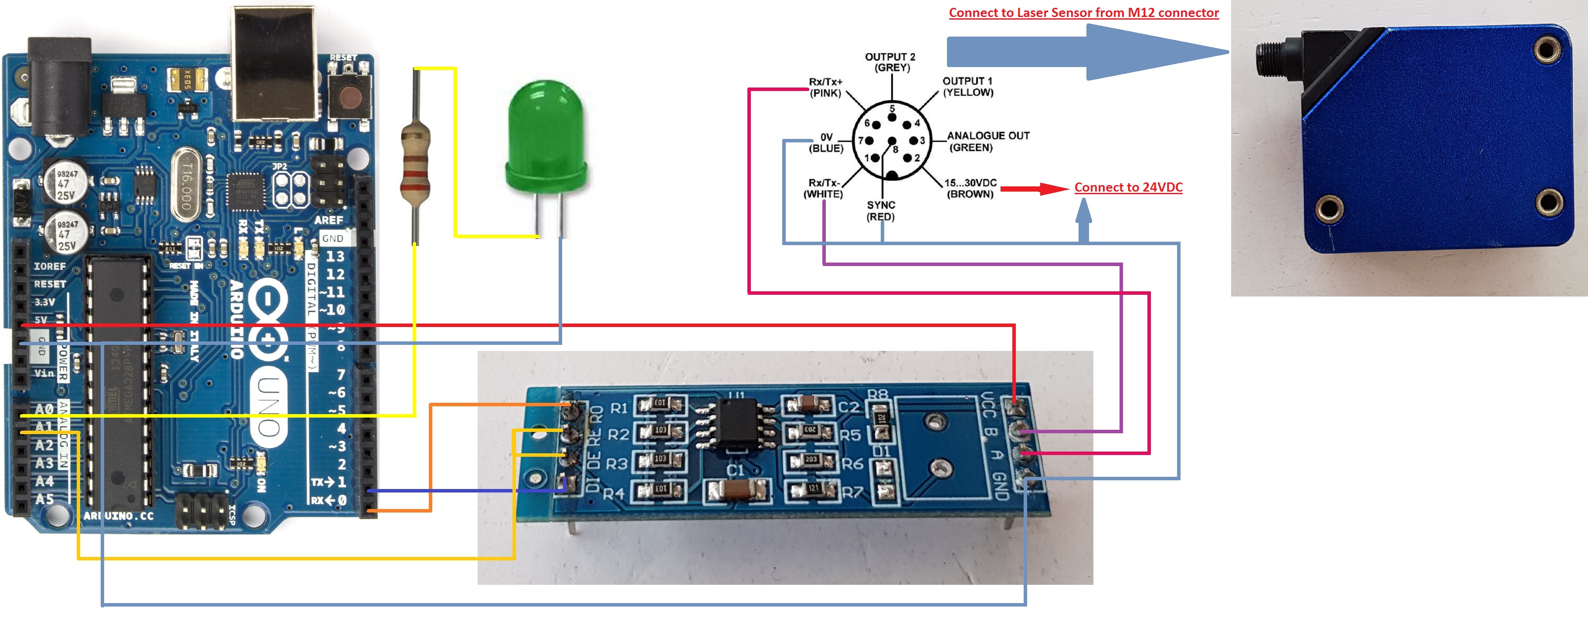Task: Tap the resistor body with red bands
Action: [415, 163]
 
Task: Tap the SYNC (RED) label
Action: [880, 211]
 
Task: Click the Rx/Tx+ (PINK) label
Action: [825, 88]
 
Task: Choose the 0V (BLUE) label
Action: [826, 143]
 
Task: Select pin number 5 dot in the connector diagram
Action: [892, 117]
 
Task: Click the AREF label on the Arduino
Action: [329, 220]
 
